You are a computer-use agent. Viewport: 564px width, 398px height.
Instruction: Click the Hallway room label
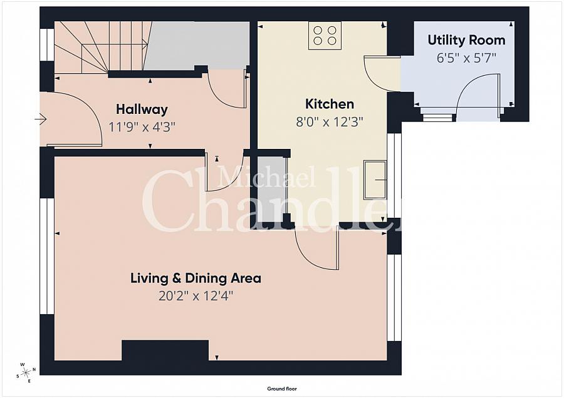[142, 110]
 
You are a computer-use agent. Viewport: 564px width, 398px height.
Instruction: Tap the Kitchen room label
[330, 104]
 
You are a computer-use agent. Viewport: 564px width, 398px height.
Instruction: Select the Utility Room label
[466, 40]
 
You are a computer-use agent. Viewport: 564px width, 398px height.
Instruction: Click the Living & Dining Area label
[196, 278]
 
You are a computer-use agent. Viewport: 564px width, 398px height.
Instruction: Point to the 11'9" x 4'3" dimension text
[142, 127]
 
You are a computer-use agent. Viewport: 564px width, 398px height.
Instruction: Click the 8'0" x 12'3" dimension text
[330, 122]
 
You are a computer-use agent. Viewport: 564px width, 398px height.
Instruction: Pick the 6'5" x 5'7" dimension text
[466, 58]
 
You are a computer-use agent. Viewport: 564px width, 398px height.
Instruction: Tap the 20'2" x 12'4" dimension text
[196, 296]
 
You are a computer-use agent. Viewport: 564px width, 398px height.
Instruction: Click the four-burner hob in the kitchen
[325, 36]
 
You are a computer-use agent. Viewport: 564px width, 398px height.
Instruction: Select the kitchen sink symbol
[375, 180]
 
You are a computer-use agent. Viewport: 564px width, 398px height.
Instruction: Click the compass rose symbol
[26, 372]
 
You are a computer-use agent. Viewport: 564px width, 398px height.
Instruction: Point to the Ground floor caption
[282, 389]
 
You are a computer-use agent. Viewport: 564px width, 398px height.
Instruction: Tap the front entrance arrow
[41, 119]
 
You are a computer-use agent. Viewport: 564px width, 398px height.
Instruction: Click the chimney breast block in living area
[165, 350]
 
